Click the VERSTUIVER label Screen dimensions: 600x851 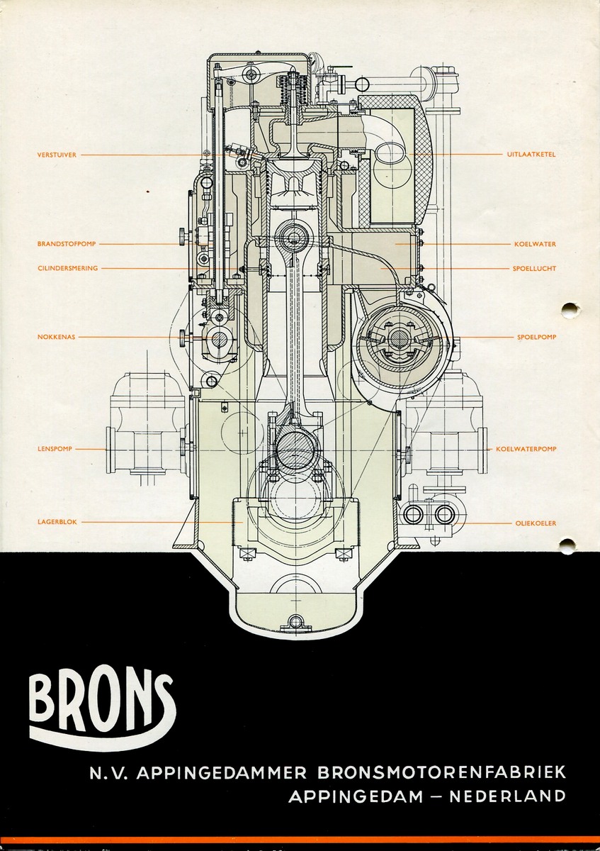57,155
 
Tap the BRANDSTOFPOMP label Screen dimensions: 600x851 67,244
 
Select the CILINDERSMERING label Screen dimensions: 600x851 67,268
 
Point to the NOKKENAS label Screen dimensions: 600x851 56,337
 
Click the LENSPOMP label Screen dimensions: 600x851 55,449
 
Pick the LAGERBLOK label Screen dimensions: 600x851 57,523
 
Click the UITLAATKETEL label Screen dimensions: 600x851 531,155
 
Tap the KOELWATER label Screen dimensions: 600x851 535,244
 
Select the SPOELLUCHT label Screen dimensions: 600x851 534,269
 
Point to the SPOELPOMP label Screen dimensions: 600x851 537,338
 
